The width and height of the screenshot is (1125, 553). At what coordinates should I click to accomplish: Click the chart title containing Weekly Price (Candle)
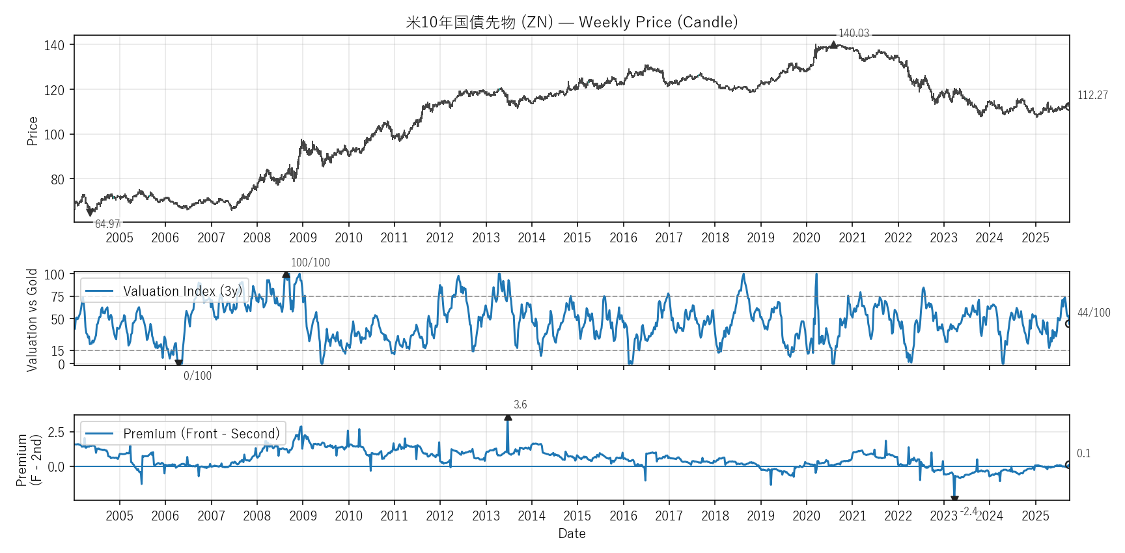(x=572, y=22)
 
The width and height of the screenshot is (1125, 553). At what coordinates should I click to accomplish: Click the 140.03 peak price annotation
(x=853, y=33)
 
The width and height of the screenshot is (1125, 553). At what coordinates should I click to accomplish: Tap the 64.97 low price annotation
(x=107, y=224)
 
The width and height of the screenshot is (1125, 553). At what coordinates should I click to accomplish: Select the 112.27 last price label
(x=1092, y=95)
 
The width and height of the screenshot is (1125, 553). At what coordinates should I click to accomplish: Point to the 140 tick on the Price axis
(x=54, y=45)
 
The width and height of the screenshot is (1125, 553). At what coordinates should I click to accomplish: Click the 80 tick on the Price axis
(x=57, y=179)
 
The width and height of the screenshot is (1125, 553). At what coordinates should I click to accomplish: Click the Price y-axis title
(x=33, y=131)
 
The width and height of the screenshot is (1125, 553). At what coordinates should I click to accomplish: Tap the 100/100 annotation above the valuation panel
(x=310, y=262)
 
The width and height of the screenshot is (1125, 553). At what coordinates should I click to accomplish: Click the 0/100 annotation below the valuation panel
(x=197, y=376)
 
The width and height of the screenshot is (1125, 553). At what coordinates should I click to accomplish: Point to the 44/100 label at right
(x=1093, y=313)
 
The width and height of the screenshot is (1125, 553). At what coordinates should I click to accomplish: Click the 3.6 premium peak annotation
(x=520, y=404)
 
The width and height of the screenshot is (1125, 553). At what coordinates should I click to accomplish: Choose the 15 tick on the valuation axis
(x=59, y=351)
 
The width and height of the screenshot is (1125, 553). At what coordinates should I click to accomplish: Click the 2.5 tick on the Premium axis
(x=56, y=432)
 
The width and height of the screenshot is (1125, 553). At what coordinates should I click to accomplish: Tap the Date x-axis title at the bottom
(x=572, y=533)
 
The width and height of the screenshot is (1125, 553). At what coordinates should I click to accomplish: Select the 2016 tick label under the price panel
(x=623, y=238)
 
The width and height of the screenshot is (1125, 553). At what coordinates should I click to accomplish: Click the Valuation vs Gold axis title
(x=32, y=320)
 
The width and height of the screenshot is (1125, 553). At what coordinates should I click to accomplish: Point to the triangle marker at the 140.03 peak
(x=833, y=44)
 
